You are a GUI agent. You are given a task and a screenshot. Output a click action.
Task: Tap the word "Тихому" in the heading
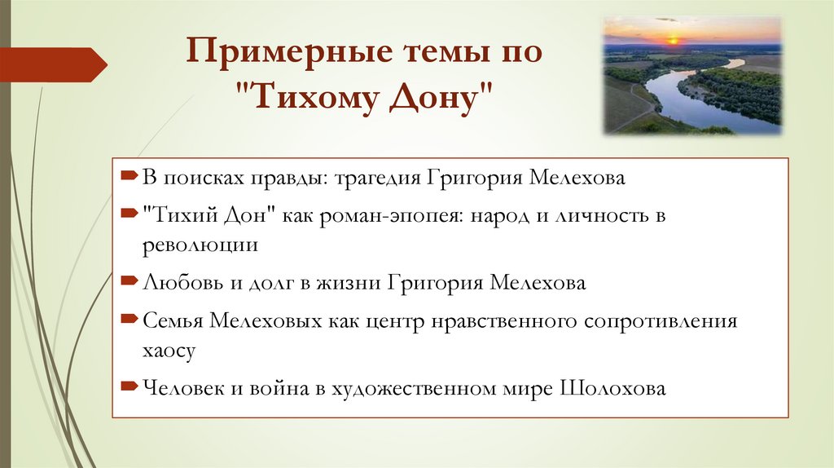pos(307,99)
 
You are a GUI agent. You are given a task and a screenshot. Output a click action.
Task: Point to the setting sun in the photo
pos(673,38)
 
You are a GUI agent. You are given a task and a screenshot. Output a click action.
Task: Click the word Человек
pos(183,388)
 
